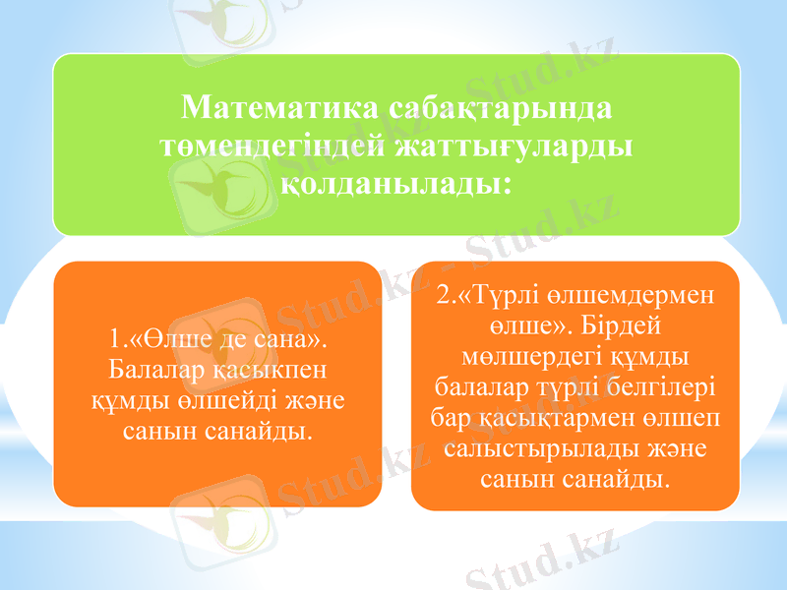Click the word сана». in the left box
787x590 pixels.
coord(295,339)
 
